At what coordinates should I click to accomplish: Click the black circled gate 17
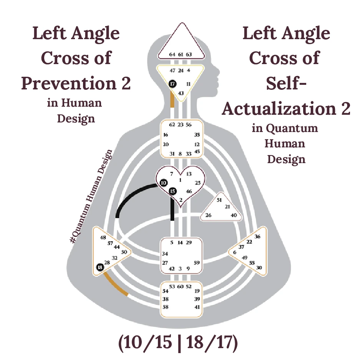172,83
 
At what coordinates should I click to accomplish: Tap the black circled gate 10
164,183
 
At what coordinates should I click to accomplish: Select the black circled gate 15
173,191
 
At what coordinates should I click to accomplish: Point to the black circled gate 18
100,268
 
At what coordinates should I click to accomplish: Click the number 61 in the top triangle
181,55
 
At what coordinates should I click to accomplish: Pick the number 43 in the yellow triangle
181,93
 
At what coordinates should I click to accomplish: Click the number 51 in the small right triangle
219,200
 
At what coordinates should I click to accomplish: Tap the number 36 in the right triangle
257,236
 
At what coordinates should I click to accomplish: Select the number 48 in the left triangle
103,238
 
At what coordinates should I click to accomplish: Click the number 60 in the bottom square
181,286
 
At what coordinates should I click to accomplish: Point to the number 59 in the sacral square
196,263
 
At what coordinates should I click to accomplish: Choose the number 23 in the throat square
181,125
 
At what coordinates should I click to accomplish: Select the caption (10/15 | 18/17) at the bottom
178,343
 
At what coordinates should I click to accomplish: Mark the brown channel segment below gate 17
173,100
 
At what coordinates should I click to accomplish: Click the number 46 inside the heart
189,191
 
